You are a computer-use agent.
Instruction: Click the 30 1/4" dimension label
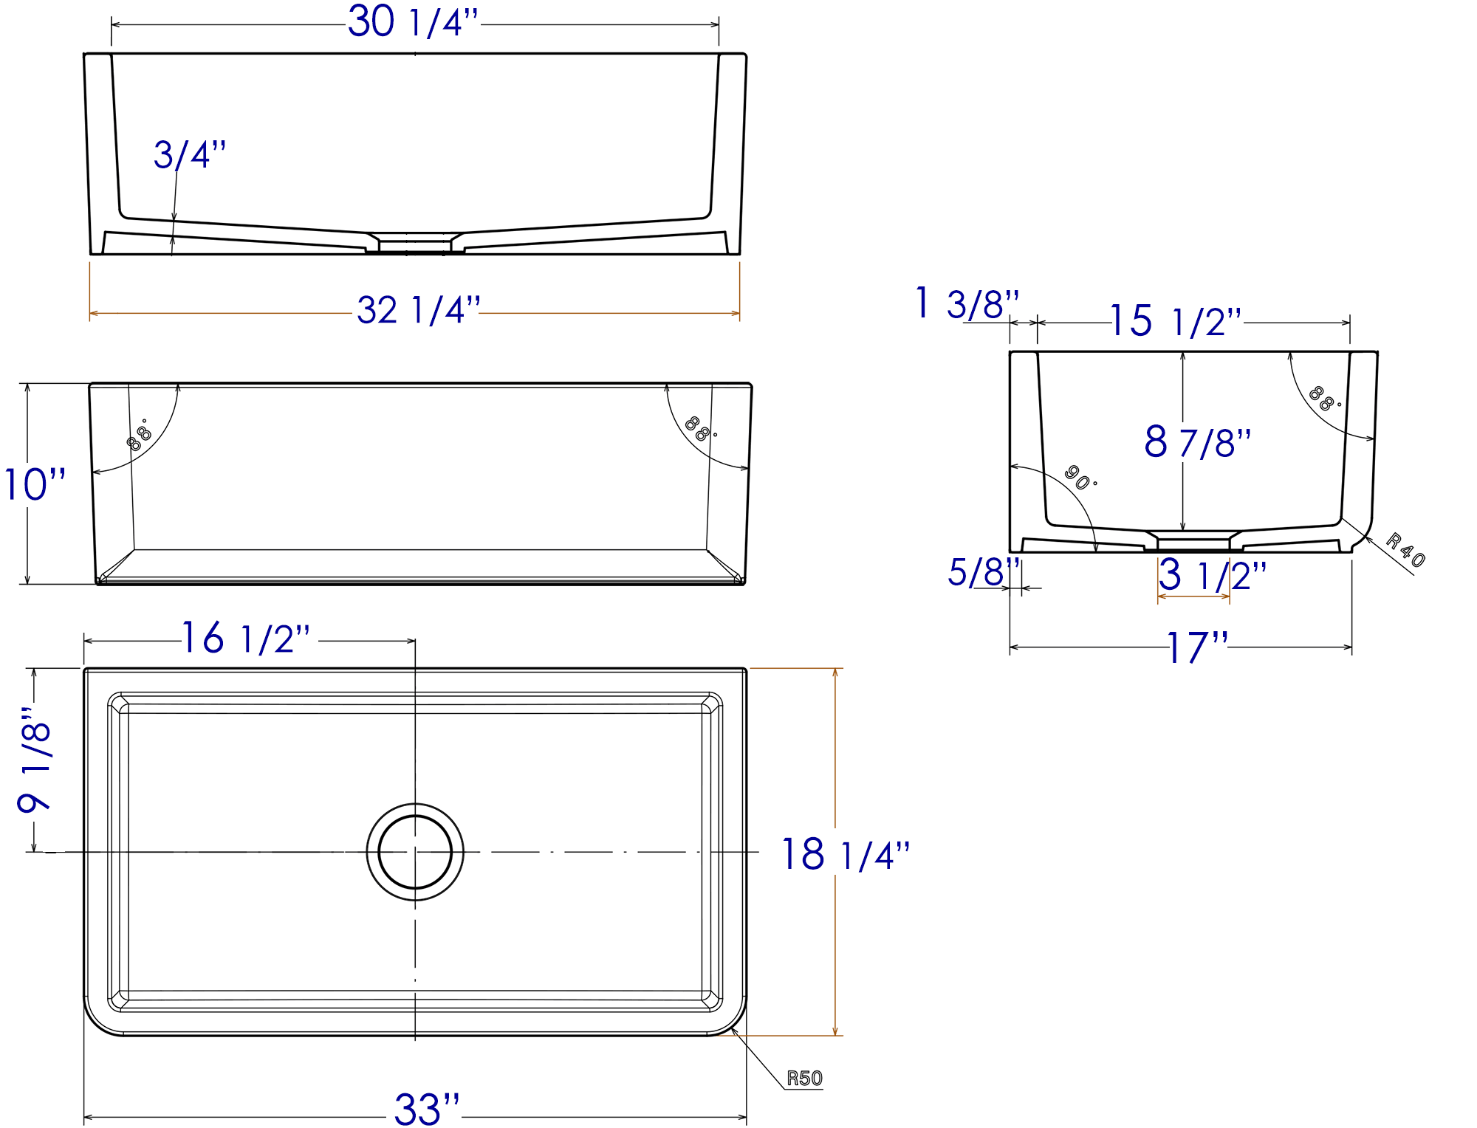pyautogui.click(x=413, y=22)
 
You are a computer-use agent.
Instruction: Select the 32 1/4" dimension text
pyautogui.click(x=418, y=310)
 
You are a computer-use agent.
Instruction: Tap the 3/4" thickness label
pyautogui.click(x=190, y=155)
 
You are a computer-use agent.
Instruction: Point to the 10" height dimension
pyautogui.click(x=35, y=485)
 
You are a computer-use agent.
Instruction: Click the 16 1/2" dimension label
pyautogui.click(x=246, y=639)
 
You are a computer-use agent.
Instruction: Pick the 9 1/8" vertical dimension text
pyautogui.click(x=35, y=760)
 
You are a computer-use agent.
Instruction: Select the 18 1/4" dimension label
pyautogui.click(x=845, y=855)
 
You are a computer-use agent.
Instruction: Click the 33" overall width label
pyautogui.click(x=426, y=1109)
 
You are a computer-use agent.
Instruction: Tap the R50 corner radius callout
pyautogui.click(x=804, y=1079)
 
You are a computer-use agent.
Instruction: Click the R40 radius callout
pyautogui.click(x=1405, y=550)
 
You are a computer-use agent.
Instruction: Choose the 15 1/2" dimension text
pyautogui.click(x=1175, y=322)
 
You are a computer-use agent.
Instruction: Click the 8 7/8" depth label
pyautogui.click(x=1197, y=442)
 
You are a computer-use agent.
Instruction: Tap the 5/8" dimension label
pyautogui.click(x=983, y=572)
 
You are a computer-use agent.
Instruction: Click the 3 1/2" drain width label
pyautogui.click(x=1212, y=575)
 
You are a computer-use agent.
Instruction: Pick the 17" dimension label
pyautogui.click(x=1196, y=648)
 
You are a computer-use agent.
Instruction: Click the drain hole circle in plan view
pyautogui.click(x=415, y=852)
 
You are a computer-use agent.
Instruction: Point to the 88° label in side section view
pyautogui.click(x=1323, y=399)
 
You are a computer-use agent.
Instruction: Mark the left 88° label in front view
pyautogui.click(x=138, y=436)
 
